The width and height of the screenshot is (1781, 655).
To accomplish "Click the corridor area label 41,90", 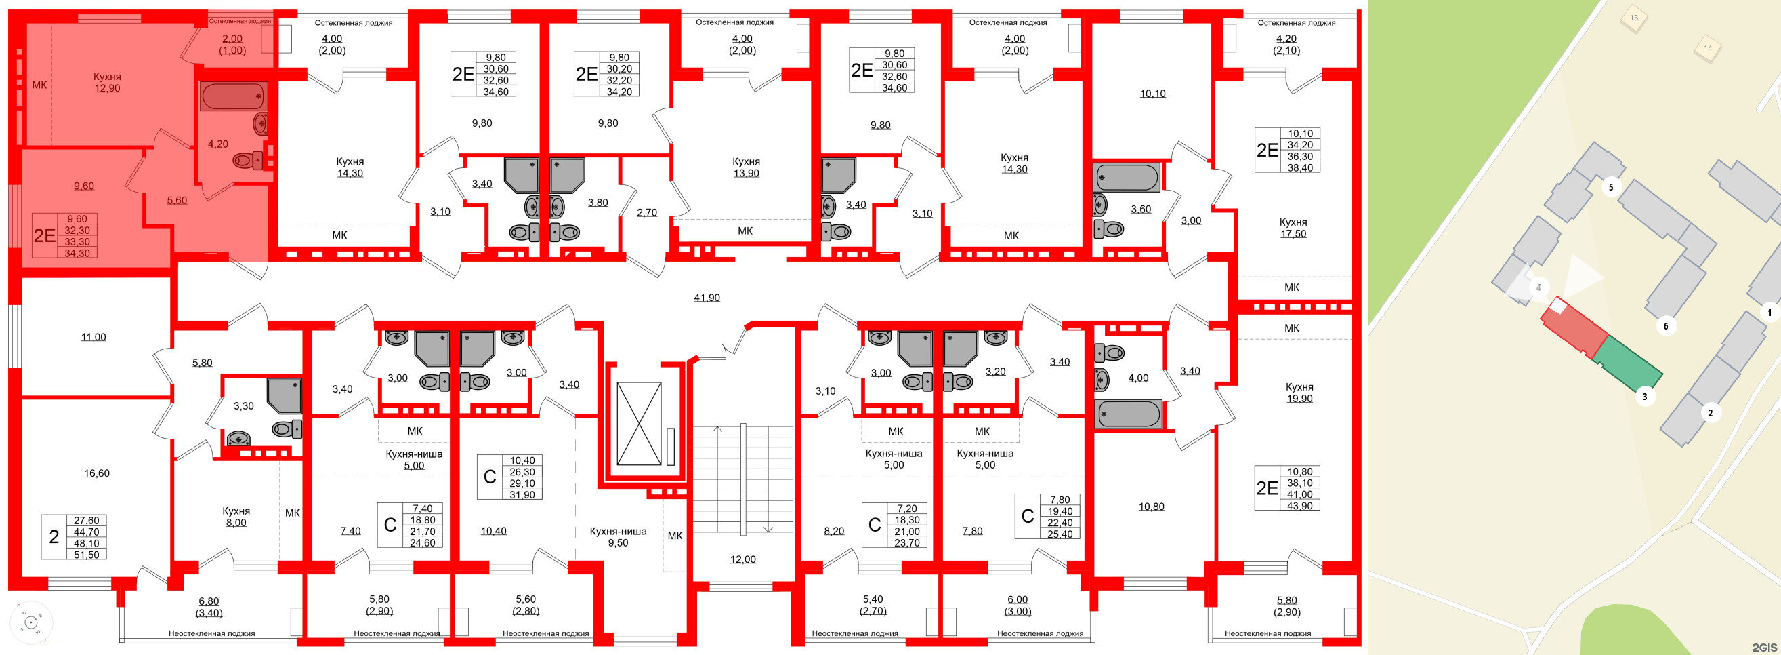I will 707,298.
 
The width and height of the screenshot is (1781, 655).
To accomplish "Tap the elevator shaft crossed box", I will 639,423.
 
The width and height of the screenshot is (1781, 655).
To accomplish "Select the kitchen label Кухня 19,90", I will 1299,392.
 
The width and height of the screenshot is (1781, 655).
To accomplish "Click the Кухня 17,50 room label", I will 1293,228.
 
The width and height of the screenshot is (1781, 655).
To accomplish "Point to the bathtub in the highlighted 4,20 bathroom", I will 233,97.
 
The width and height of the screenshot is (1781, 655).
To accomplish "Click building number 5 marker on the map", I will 1611,186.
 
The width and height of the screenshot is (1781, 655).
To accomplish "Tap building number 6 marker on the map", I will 1666,325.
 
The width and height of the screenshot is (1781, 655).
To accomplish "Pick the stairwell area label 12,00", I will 742,559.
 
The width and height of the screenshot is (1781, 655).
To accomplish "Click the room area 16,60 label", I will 97,473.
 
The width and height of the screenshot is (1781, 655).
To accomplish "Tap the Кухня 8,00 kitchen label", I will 236,517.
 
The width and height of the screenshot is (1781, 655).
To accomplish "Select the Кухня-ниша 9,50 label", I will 617,537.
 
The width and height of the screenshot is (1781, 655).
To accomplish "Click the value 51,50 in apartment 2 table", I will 87,555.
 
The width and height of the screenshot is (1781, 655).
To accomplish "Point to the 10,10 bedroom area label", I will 1152,94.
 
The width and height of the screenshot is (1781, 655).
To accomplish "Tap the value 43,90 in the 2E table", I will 1299,506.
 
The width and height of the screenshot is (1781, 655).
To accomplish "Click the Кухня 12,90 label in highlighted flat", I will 107,82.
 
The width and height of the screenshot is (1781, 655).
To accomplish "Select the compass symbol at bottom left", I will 30,622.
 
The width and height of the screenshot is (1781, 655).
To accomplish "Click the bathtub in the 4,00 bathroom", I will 1129,414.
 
